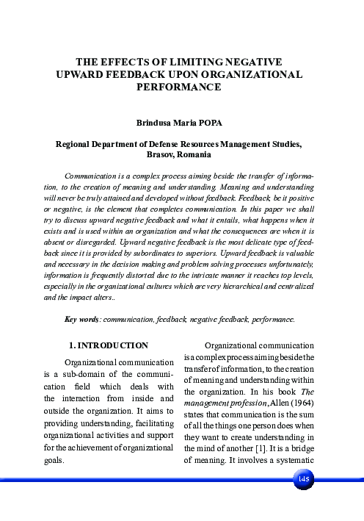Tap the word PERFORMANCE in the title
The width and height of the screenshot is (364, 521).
[180, 86]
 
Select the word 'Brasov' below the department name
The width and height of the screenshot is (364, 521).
[162, 156]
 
